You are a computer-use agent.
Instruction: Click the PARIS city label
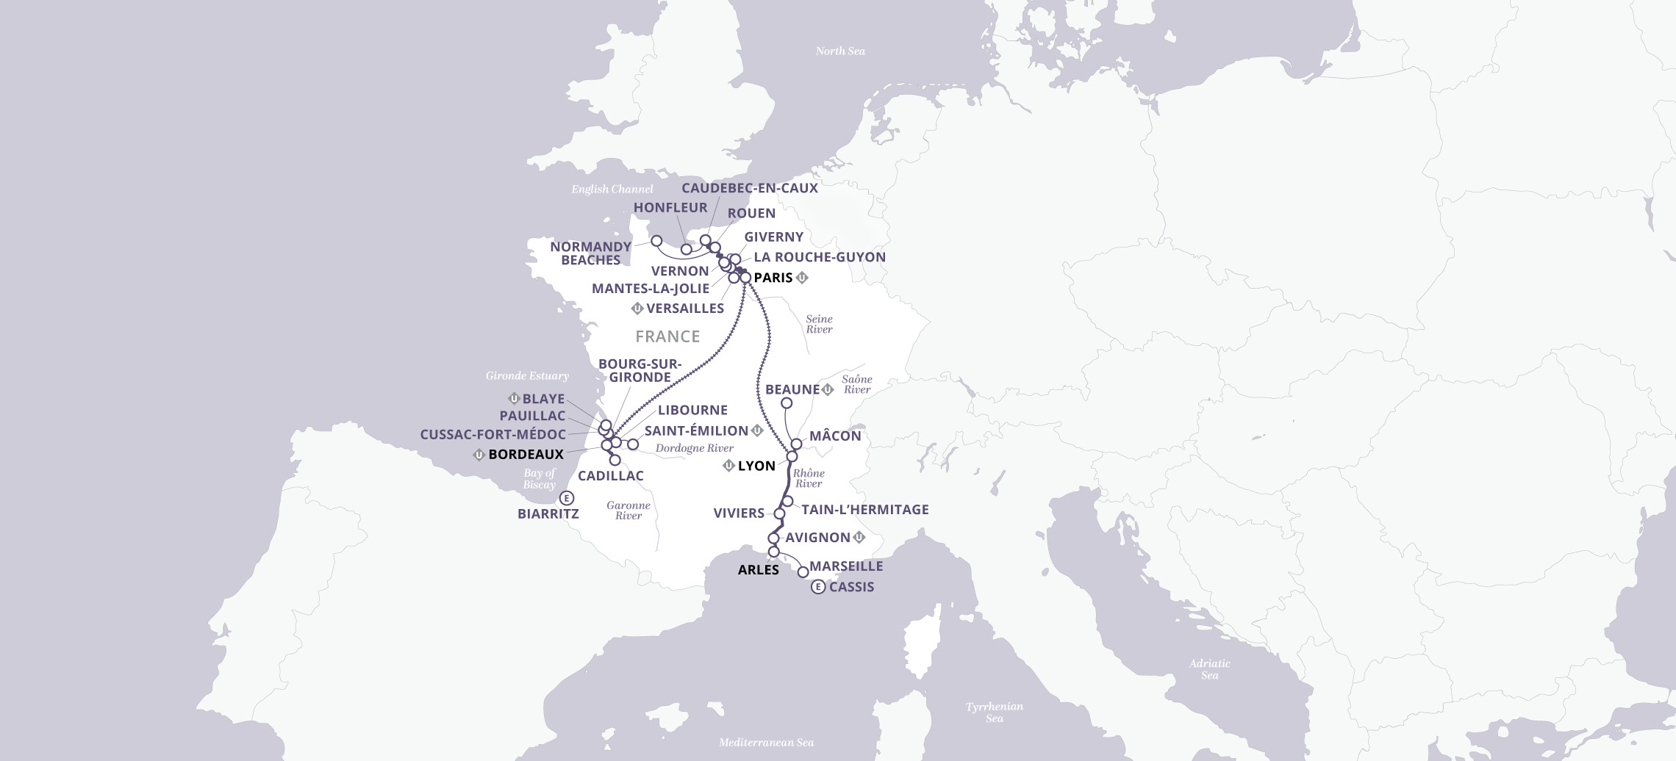click(x=773, y=278)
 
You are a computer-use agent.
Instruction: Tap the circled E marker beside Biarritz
click(x=566, y=497)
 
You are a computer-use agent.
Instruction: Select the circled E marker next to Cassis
click(x=817, y=587)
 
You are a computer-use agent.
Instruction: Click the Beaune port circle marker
click(x=786, y=403)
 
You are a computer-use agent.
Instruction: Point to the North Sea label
click(x=839, y=51)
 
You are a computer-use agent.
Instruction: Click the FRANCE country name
click(x=667, y=336)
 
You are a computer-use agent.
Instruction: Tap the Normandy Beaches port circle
click(x=656, y=241)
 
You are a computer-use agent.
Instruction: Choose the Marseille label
click(x=845, y=566)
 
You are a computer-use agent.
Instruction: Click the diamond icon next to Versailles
click(x=637, y=309)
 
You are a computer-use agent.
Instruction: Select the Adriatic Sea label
click(x=1209, y=669)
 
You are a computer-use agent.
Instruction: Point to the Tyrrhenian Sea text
click(x=994, y=712)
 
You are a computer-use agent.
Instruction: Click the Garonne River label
click(x=628, y=511)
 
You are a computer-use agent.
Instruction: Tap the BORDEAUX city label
click(x=526, y=455)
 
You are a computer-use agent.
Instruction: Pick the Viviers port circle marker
click(x=779, y=513)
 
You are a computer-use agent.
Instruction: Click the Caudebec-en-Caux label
click(x=749, y=188)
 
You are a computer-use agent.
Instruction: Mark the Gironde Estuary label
click(x=527, y=376)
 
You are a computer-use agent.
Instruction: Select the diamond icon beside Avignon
click(x=859, y=538)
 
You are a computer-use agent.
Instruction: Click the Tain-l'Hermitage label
click(x=864, y=510)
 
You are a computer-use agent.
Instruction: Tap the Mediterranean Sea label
click(x=766, y=743)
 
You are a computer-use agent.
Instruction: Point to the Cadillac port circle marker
click(x=615, y=460)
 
